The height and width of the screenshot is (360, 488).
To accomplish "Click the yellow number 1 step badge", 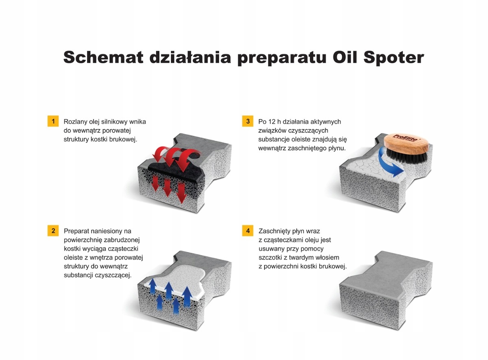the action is click(53, 121).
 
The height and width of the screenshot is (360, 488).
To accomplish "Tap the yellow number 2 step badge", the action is click(53, 231).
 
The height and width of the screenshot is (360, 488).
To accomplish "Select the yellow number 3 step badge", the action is click(248, 121).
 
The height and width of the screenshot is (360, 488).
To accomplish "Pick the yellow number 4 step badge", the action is click(248, 231).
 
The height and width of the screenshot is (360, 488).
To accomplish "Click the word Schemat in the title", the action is click(103, 57).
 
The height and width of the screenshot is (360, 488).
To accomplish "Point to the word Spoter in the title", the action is click(394, 58).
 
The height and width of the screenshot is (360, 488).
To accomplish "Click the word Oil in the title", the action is click(344, 57).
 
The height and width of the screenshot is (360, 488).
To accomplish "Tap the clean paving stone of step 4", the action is click(386, 290).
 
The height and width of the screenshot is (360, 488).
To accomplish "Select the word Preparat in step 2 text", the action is click(76, 231).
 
